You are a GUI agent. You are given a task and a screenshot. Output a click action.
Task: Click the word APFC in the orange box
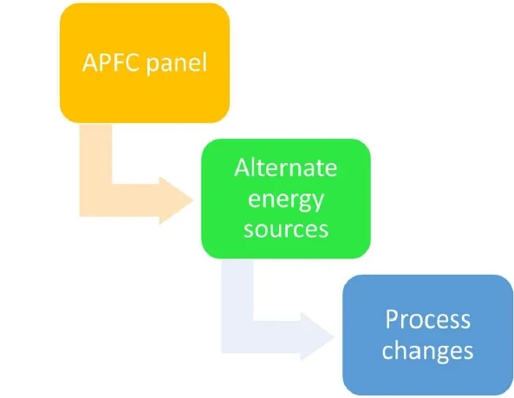tap(111, 62)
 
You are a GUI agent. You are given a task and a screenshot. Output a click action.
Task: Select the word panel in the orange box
tap(177, 63)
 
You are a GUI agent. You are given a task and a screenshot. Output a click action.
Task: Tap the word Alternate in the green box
tap(285, 167)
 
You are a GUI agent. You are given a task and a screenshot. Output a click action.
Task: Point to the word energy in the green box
tap(286, 200)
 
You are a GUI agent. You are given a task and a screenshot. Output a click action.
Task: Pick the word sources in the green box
tap(286, 229)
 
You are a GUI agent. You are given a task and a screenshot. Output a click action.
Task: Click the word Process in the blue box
tap(428, 319)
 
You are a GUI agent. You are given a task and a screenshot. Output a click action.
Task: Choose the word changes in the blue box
tap(428, 351)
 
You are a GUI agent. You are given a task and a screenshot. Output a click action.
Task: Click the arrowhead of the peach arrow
tap(176, 200)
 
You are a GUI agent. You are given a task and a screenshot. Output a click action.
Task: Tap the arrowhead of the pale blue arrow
tap(317, 336)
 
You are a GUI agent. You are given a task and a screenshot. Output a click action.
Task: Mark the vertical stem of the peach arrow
tap(95, 154)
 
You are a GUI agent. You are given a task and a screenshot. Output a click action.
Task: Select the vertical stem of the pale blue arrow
tap(237, 290)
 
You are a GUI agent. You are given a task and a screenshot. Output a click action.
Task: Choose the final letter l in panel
tap(205, 62)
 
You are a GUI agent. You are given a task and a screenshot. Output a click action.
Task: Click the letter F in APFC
tap(118, 62)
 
